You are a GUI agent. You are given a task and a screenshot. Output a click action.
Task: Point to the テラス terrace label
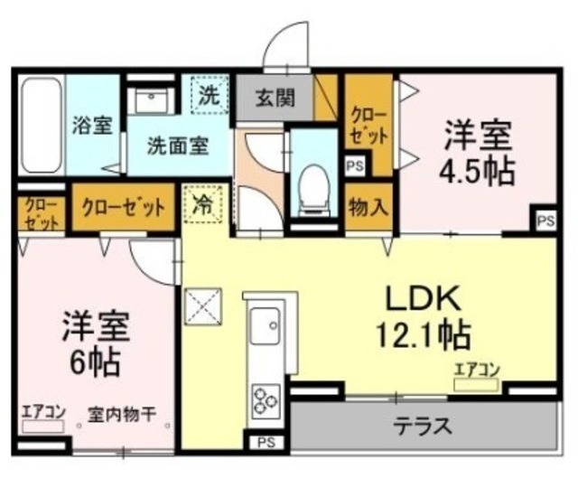(422, 424)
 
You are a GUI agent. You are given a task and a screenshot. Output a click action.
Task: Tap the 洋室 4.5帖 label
(478, 154)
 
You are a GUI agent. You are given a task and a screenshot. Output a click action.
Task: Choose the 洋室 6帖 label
(96, 343)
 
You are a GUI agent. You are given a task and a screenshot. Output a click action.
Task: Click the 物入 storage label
(368, 206)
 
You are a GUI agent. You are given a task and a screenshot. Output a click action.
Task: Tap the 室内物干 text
(123, 415)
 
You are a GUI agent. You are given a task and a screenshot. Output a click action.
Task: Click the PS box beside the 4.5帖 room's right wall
(545, 220)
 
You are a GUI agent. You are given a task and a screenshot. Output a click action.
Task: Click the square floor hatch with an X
(204, 306)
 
